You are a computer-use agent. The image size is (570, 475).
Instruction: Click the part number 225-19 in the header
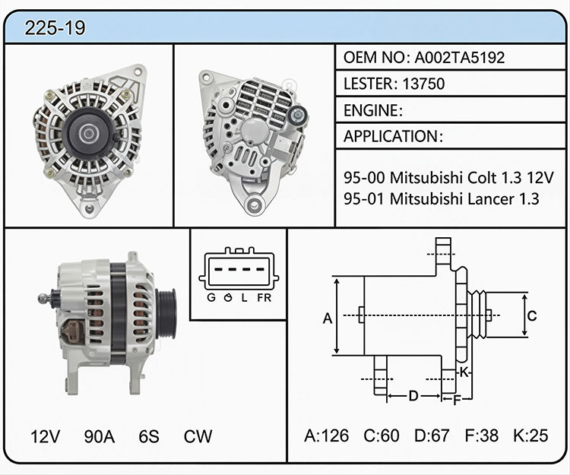click(x=55, y=28)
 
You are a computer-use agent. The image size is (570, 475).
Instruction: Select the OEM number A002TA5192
click(x=460, y=58)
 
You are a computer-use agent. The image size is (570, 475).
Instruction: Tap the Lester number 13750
click(x=423, y=84)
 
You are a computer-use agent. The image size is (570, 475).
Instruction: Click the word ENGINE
click(x=371, y=110)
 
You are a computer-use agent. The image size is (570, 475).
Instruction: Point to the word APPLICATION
click(x=391, y=137)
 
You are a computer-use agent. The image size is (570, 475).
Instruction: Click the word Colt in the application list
click(x=482, y=178)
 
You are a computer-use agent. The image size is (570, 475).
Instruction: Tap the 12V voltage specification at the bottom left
click(x=45, y=436)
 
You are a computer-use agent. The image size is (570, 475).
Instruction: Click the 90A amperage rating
click(x=100, y=436)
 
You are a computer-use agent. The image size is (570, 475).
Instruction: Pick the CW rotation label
click(x=198, y=436)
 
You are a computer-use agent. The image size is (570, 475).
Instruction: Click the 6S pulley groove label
click(x=149, y=436)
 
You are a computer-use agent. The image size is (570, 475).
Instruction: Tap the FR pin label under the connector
click(x=264, y=298)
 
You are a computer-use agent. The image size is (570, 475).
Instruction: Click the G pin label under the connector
click(x=211, y=298)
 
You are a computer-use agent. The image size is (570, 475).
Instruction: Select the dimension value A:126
click(x=327, y=435)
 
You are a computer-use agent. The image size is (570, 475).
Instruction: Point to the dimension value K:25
click(x=530, y=435)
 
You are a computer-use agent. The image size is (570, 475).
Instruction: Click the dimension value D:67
click(x=432, y=435)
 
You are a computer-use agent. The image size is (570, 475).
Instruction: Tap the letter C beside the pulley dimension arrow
click(x=532, y=316)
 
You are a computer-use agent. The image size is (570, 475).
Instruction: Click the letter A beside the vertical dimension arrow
click(x=328, y=318)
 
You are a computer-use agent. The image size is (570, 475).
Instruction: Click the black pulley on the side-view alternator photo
click(x=167, y=314)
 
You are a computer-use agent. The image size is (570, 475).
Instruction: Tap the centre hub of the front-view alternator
click(x=87, y=134)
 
